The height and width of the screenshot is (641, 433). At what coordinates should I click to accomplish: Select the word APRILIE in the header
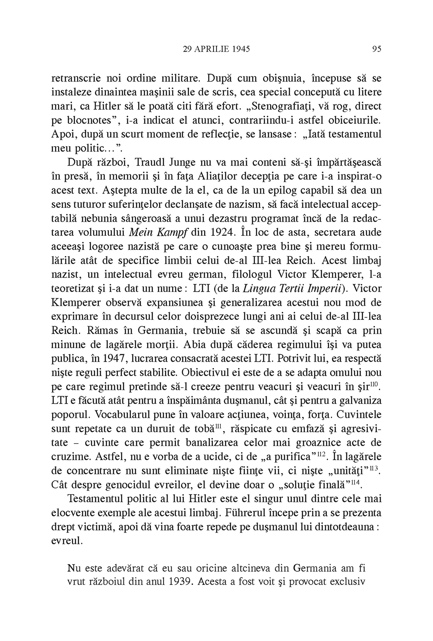(x=210, y=49)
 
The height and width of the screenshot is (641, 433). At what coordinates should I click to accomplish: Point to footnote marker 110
(x=375, y=383)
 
